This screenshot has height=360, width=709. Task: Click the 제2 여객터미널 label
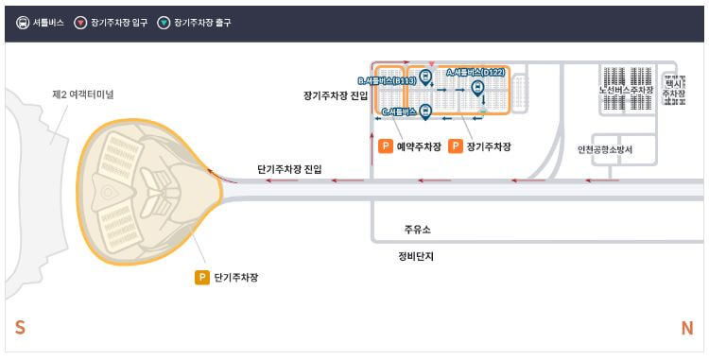click(x=82, y=94)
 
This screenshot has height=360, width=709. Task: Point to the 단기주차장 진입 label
click(x=289, y=169)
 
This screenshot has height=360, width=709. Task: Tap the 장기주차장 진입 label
click(x=336, y=95)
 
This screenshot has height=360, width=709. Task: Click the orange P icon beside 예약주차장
click(x=385, y=146)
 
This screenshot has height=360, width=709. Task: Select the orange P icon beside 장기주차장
click(x=456, y=146)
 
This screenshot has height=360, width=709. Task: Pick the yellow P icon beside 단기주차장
click(x=201, y=277)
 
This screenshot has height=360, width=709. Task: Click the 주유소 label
click(x=417, y=230)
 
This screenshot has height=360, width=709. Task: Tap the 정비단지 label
click(x=416, y=255)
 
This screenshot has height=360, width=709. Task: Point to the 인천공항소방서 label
click(x=605, y=149)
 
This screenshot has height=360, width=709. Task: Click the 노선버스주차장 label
click(x=626, y=91)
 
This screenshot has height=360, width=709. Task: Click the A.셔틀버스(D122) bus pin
click(x=477, y=88)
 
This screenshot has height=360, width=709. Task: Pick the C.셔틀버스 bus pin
click(x=425, y=111)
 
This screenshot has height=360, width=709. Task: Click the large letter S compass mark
click(x=20, y=328)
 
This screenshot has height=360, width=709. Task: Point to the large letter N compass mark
click(x=687, y=328)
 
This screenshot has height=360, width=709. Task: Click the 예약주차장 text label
click(x=419, y=146)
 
